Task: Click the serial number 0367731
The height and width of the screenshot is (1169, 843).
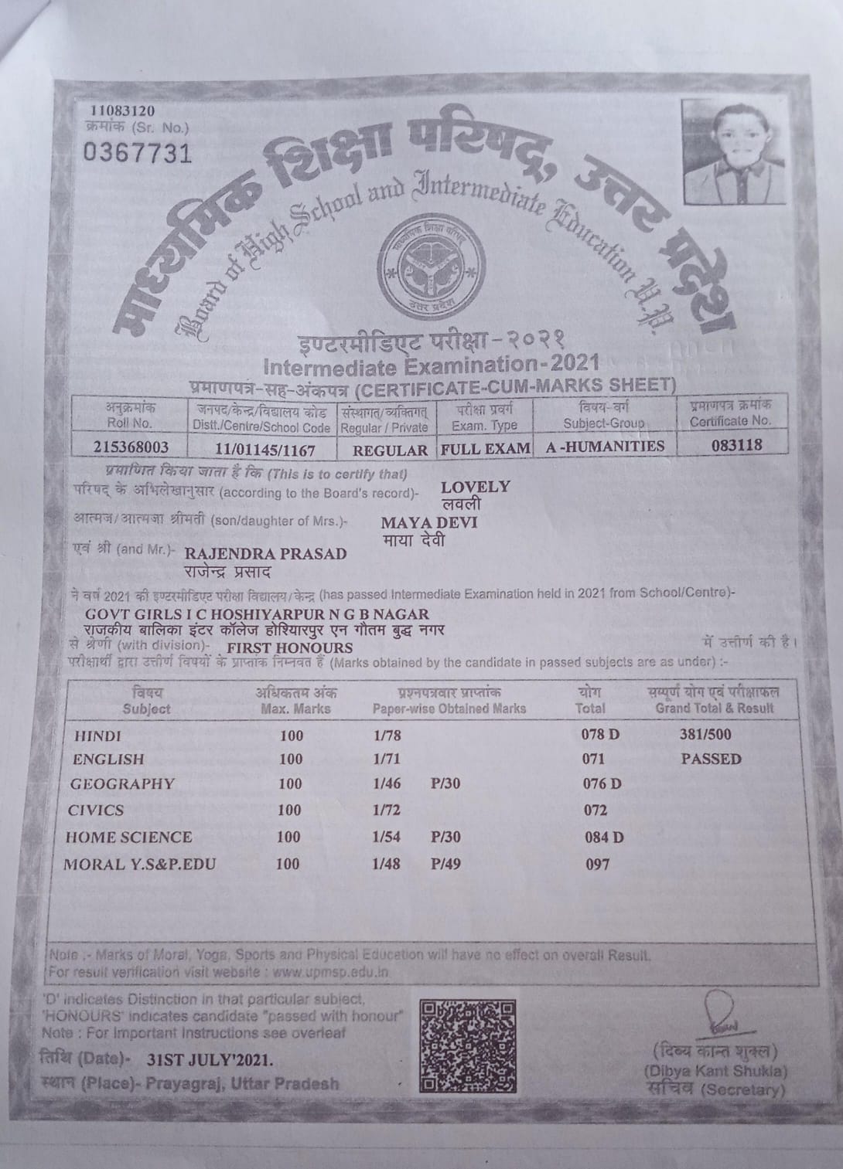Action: coord(137,153)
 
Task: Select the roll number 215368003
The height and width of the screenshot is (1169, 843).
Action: coord(130,447)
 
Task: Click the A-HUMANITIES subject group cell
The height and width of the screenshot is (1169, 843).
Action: coord(605,447)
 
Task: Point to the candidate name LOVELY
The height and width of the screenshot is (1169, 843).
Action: coord(475,487)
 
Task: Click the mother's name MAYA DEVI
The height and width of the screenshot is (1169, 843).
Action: coord(429,523)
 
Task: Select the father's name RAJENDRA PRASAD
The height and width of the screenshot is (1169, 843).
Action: coord(265,554)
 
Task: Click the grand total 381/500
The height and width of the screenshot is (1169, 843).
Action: coord(705,735)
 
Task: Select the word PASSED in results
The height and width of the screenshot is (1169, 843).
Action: coord(711,760)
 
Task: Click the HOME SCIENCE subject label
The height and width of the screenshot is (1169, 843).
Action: coord(128,837)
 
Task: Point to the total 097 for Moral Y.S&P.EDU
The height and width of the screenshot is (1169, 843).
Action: coord(597,865)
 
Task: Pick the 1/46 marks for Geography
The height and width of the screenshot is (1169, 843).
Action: coord(387,784)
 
